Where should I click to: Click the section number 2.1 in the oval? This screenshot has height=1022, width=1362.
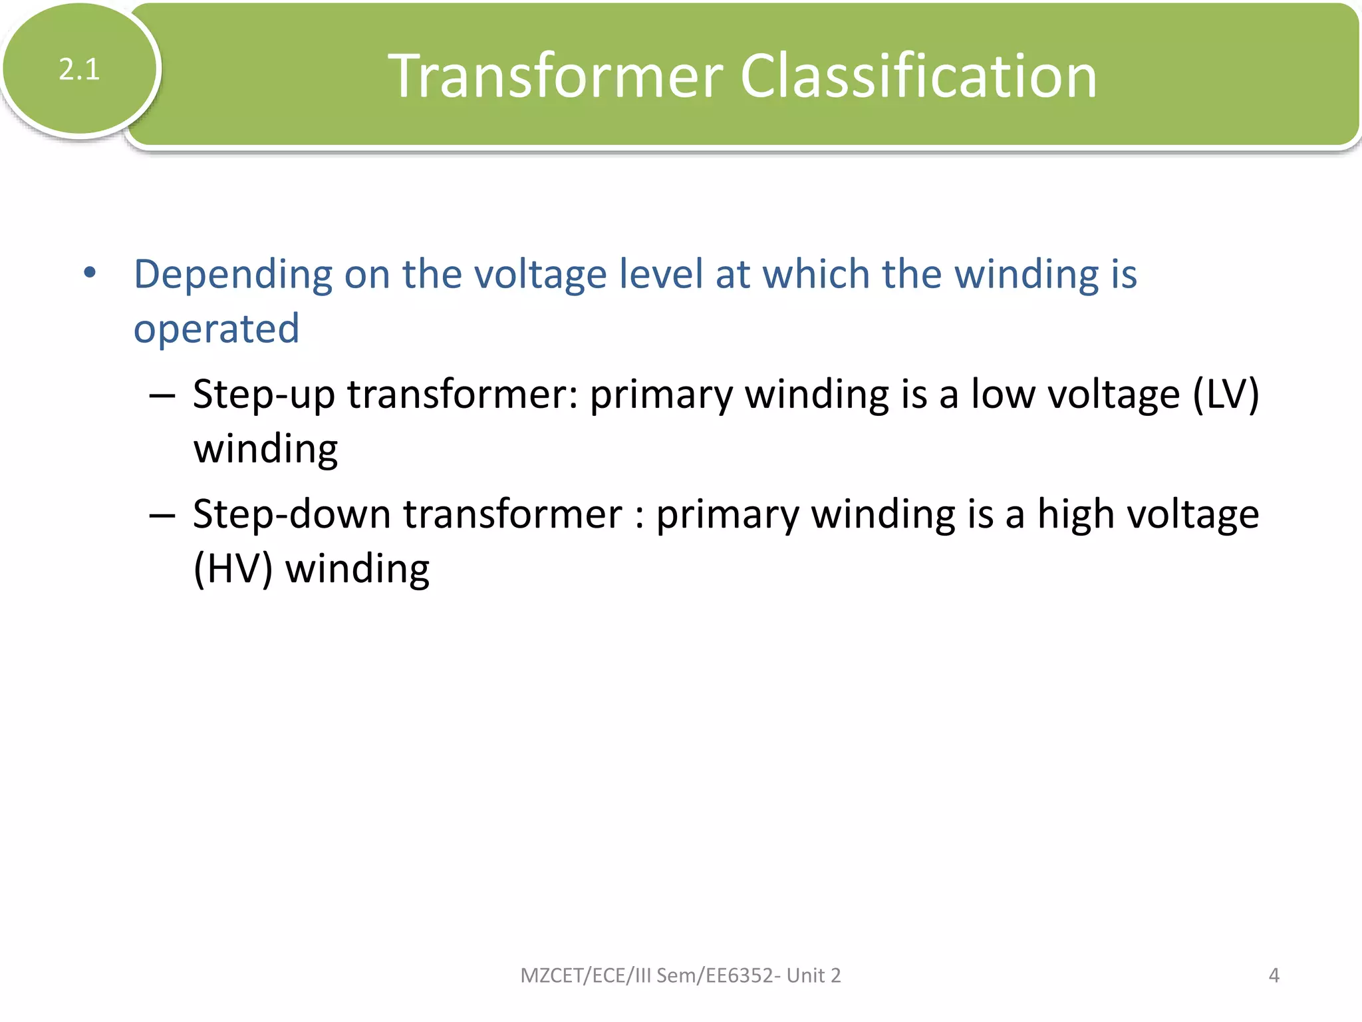(x=79, y=69)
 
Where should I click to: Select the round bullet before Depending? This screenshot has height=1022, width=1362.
(x=90, y=272)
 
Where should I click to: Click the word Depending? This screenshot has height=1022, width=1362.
(x=233, y=275)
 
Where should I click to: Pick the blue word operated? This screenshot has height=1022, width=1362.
(x=216, y=329)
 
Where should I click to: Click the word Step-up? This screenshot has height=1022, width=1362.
(x=263, y=395)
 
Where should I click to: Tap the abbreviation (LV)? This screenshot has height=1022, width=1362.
(x=1226, y=394)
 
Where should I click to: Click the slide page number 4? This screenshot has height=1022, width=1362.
(x=1274, y=975)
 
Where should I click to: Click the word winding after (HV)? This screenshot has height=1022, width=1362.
(x=357, y=569)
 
